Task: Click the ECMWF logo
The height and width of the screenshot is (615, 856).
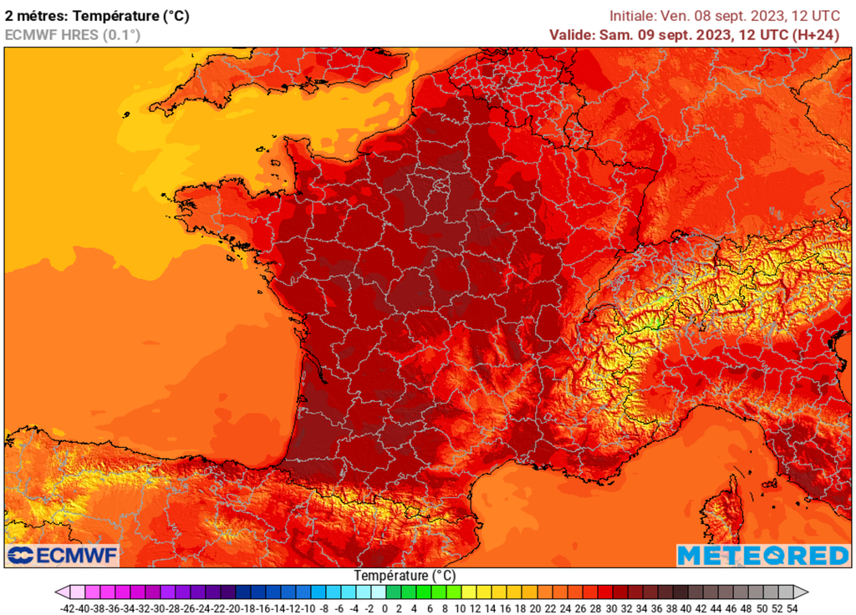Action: pyautogui.click(x=63, y=556)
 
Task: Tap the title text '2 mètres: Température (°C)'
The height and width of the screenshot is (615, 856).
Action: pyautogui.click(x=103, y=15)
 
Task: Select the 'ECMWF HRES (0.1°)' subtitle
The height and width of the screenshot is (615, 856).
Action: pyautogui.click(x=73, y=34)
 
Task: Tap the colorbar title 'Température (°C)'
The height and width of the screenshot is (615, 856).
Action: pyautogui.click(x=405, y=576)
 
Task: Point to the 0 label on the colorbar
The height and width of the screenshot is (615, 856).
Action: pyautogui.click(x=385, y=608)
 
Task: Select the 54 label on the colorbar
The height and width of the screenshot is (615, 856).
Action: pyautogui.click(x=792, y=608)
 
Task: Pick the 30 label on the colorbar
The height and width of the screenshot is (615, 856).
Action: pyautogui.click(x=611, y=608)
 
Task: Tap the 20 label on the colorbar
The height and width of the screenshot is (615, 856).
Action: pyautogui.click(x=535, y=608)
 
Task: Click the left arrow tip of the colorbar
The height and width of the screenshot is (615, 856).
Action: pyautogui.click(x=58, y=592)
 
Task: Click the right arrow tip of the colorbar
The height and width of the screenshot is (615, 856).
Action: pyautogui.click(x=805, y=592)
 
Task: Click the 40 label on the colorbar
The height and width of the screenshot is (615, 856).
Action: pyautogui.click(x=686, y=608)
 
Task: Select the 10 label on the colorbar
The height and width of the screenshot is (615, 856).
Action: pyautogui.click(x=460, y=608)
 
